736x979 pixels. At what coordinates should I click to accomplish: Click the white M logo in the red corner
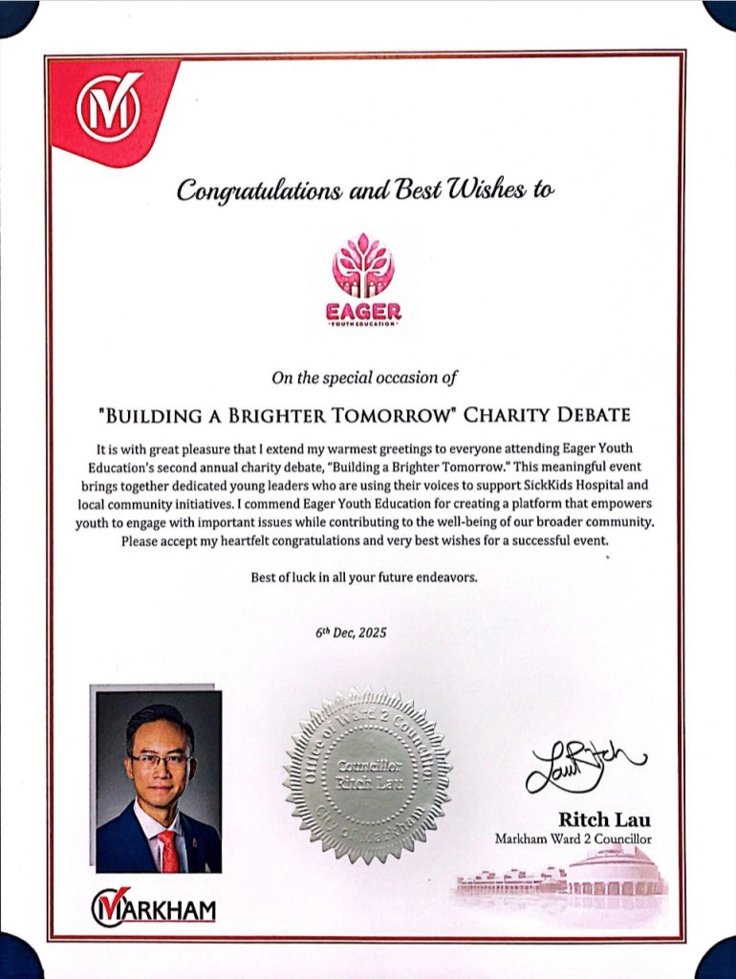tap(108, 107)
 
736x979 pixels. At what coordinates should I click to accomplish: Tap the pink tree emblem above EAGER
tap(362, 265)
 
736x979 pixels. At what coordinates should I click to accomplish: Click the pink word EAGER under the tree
tap(362, 312)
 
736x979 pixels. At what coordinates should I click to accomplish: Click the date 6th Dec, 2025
tap(352, 633)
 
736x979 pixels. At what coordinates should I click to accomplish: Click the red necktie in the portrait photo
tap(168, 849)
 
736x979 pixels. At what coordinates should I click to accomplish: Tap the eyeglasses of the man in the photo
tap(161, 760)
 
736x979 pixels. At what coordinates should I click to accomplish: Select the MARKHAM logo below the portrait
tap(153, 905)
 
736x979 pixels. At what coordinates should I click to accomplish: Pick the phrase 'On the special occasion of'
tap(364, 378)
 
